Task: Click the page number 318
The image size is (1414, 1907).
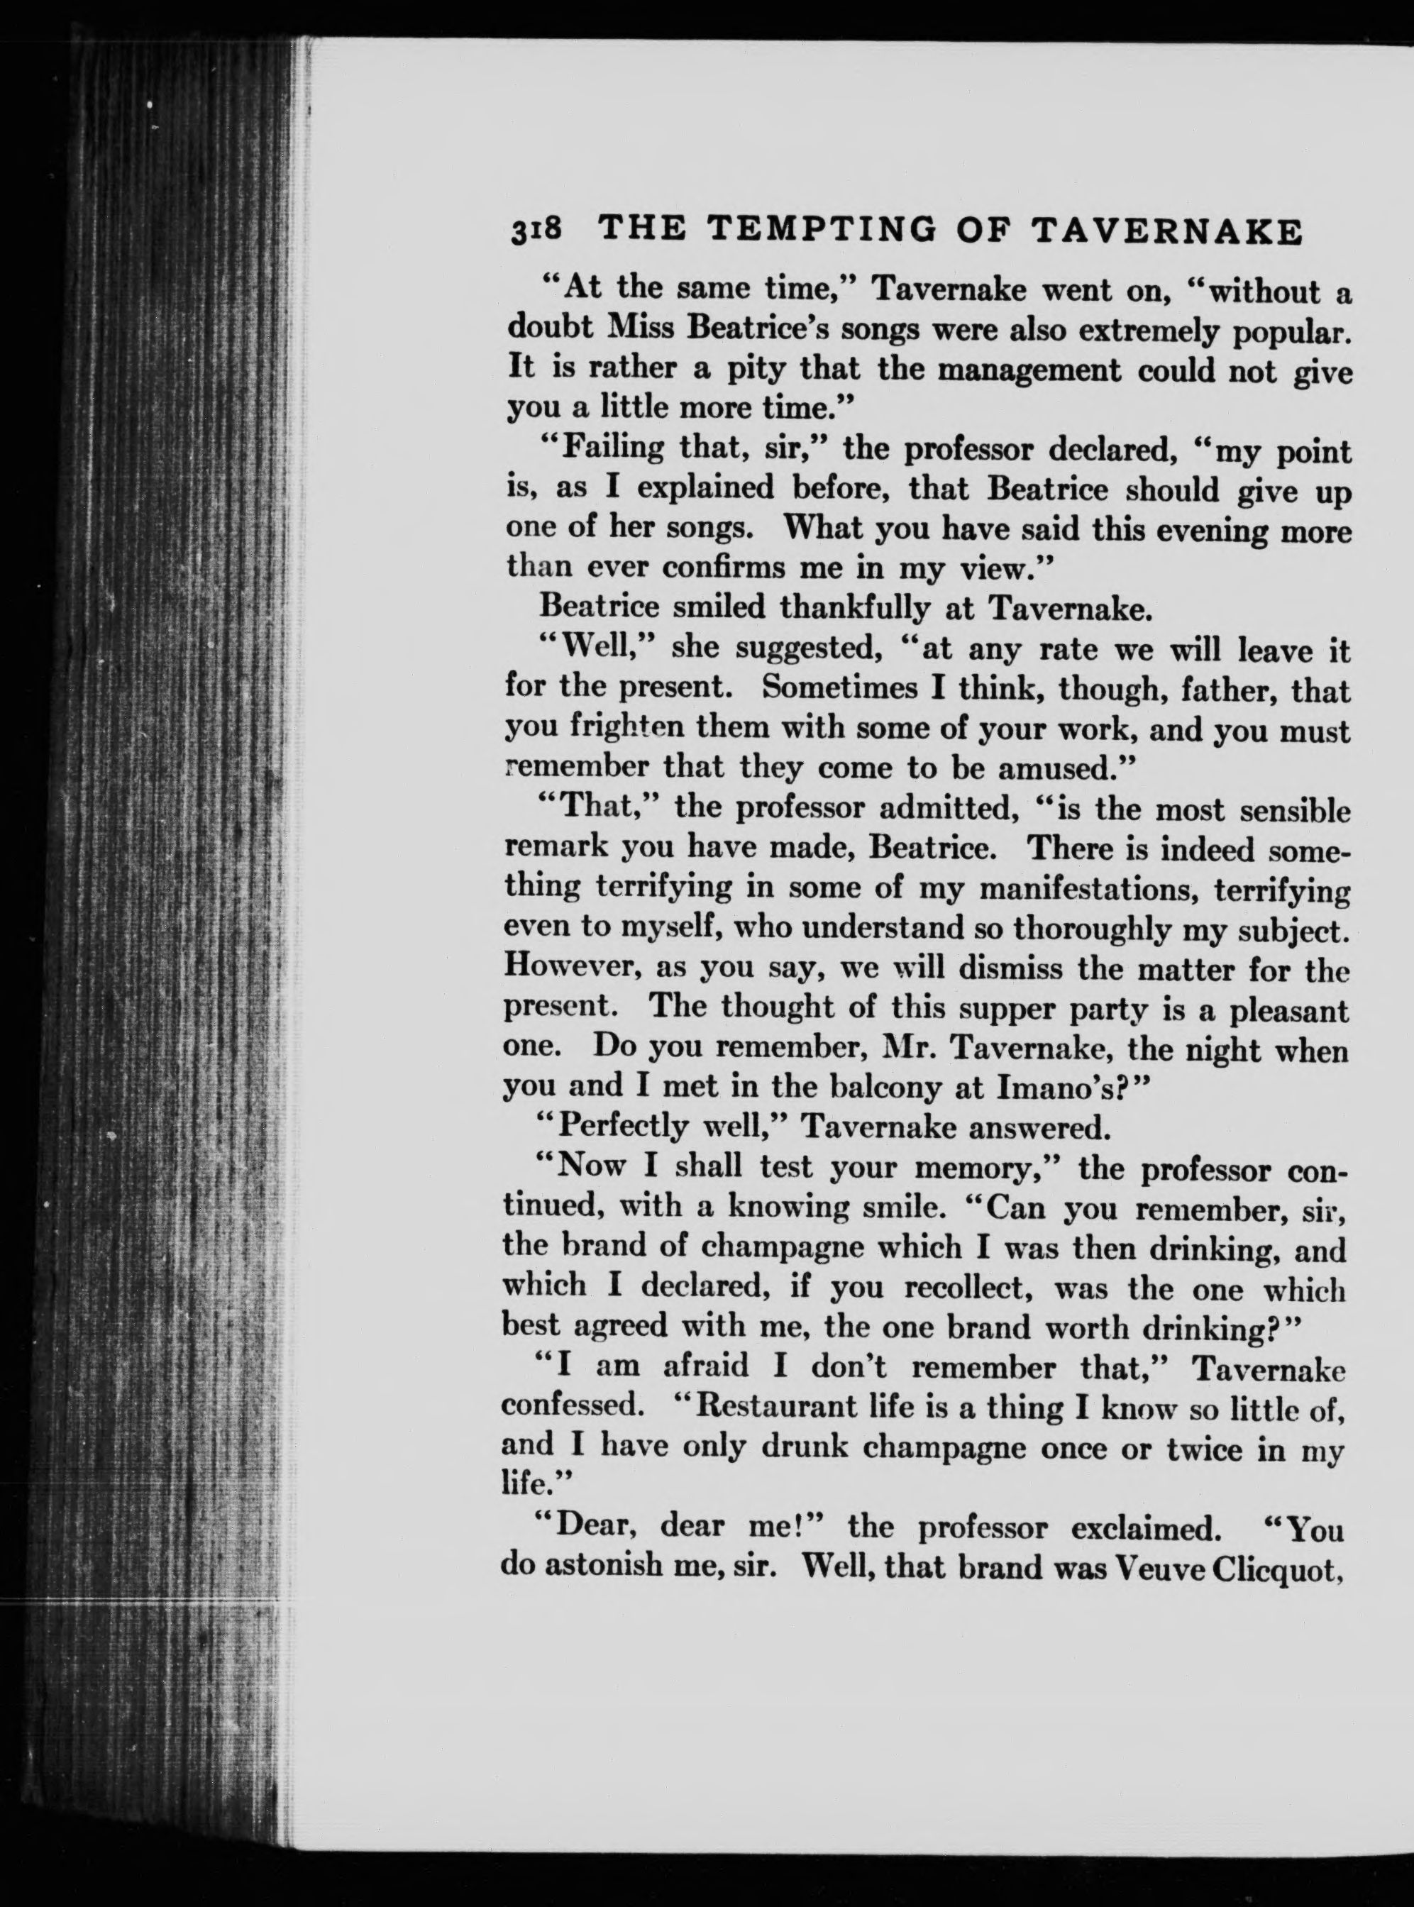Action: [535, 232]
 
